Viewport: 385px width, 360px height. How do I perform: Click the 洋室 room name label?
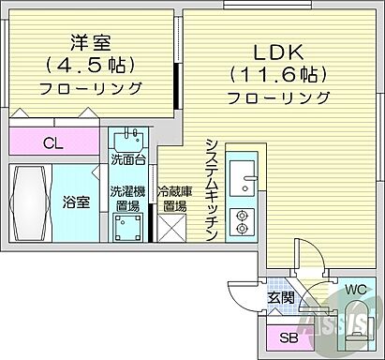[x=91, y=42]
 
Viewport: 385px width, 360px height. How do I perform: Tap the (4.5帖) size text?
[x=91, y=66]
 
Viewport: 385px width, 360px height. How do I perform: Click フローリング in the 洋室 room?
[x=91, y=89]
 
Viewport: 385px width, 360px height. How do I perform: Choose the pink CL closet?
[x=54, y=142]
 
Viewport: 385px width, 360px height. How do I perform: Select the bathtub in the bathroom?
[x=29, y=203]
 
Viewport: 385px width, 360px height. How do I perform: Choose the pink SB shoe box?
[x=282, y=337]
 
